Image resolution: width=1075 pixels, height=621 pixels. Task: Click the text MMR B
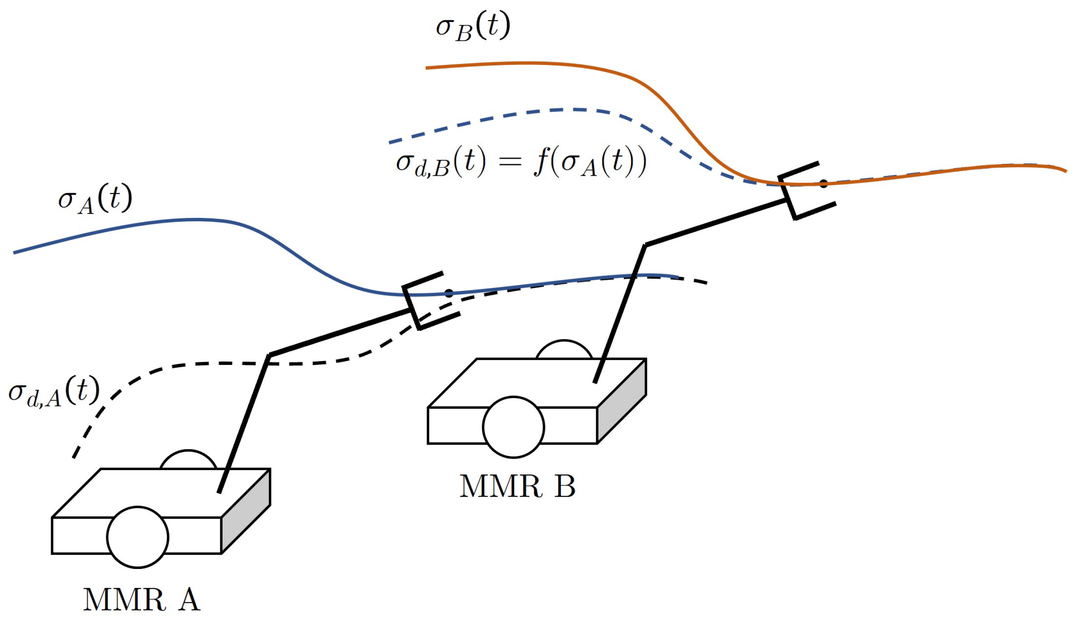[517, 487]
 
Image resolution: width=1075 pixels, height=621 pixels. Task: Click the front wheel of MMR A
[138, 537]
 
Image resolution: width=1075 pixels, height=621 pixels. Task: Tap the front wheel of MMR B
[513, 427]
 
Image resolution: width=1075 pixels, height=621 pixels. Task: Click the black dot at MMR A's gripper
[449, 293]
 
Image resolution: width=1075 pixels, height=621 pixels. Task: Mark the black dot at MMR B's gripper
[823, 184]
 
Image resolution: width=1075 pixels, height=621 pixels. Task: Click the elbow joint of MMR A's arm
[269, 355]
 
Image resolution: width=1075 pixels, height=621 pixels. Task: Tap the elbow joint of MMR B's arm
[645, 245]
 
